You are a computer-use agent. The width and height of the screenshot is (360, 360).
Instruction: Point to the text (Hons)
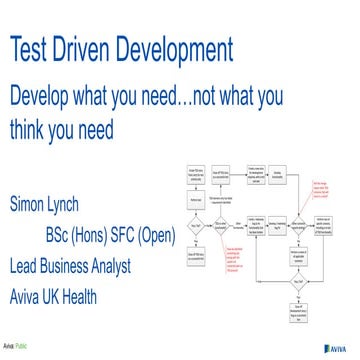pyautogui.click(x=109, y=237)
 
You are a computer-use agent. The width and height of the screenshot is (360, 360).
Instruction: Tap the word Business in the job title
pyautogui.click(x=84, y=266)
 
